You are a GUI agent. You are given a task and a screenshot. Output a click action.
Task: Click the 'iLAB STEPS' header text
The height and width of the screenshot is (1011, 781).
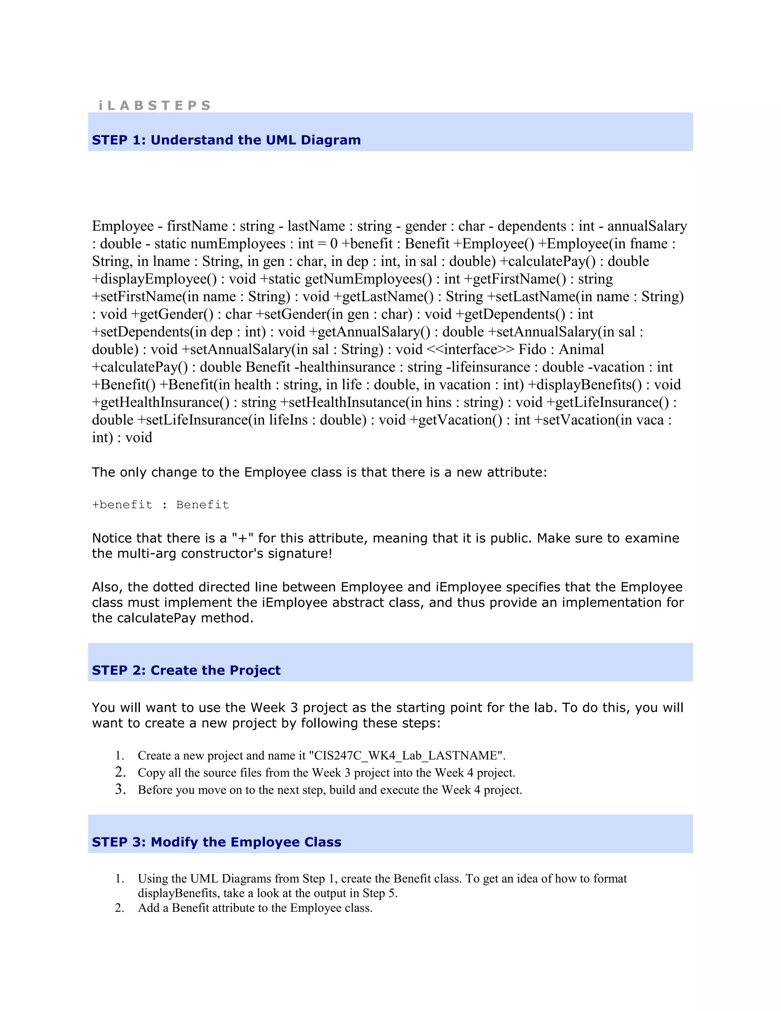tap(154, 106)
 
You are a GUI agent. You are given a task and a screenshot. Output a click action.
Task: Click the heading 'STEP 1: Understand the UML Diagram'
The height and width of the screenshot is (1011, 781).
tap(226, 140)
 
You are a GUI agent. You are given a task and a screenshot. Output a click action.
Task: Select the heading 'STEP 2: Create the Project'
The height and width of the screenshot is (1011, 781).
tap(186, 670)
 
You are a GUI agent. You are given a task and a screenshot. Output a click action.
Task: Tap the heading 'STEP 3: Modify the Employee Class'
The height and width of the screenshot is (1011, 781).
tap(217, 842)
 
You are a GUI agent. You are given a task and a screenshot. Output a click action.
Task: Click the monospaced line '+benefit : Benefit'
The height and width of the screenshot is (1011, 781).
tap(160, 505)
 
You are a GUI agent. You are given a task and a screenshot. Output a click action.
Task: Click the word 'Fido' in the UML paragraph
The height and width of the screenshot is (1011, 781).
tap(532, 349)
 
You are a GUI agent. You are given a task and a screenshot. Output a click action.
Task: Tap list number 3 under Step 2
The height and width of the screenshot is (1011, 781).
tap(120, 789)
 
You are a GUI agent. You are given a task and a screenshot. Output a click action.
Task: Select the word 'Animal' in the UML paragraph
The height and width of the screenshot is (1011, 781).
tap(581, 349)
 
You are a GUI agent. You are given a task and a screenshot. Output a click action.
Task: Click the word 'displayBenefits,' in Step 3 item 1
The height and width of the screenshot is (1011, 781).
tap(178, 893)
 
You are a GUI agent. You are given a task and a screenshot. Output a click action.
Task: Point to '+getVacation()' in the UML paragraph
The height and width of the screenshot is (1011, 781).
tap(455, 419)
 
